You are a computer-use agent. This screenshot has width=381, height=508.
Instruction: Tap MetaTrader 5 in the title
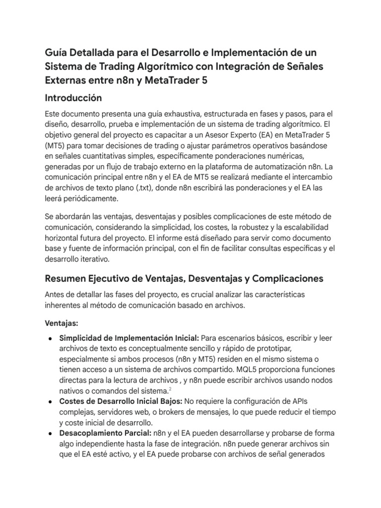tap(169, 81)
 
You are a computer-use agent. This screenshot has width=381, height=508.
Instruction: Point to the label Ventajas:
tap(62, 323)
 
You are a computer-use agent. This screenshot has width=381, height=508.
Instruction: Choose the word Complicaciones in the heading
tap(286, 279)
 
